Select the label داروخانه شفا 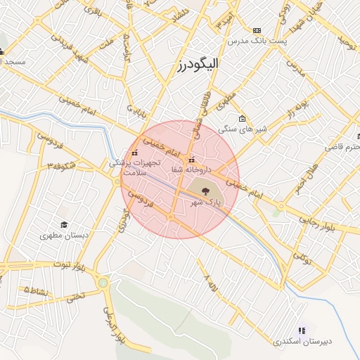point(190,169)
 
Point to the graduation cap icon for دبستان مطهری point(65,225)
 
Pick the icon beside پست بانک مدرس point(257,30)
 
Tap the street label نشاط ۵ point(37,290)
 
